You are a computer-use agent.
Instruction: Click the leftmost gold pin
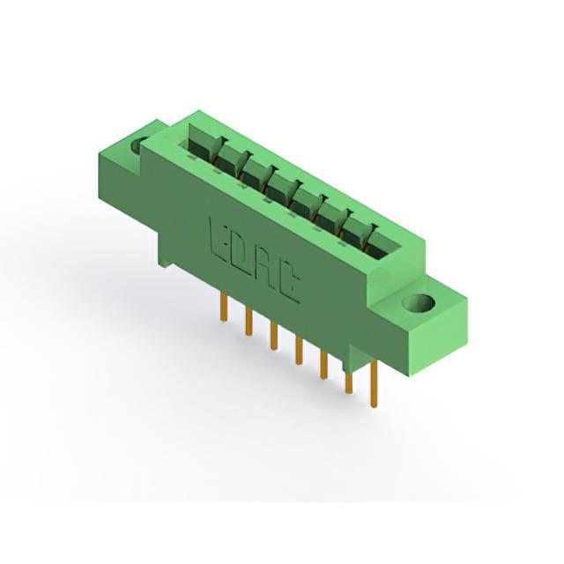(223, 307)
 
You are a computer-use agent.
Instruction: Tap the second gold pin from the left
(249, 322)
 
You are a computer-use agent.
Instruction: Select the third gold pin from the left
(274, 337)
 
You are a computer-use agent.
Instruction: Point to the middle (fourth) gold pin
(299, 350)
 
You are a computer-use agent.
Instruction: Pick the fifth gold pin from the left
(323, 365)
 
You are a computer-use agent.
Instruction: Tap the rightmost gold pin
(374, 384)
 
